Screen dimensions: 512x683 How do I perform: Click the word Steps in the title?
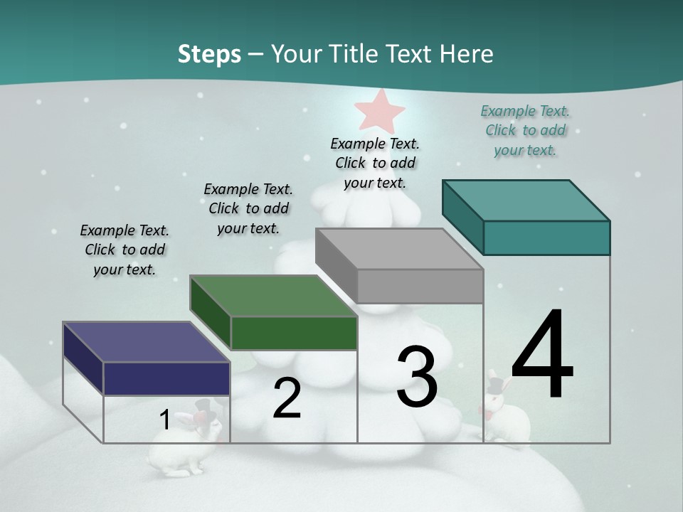(209, 54)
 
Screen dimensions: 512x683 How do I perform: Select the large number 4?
(542, 356)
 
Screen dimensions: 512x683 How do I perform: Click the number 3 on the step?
(417, 377)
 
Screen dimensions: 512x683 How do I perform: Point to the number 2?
(287, 398)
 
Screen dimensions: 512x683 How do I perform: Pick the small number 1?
(164, 420)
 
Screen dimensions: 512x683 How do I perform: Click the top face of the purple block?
(147, 342)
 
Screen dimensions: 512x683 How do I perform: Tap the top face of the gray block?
(399, 249)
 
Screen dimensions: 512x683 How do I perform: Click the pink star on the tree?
(380, 110)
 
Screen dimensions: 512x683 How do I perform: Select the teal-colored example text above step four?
(525, 131)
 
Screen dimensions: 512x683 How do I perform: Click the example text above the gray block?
(375, 163)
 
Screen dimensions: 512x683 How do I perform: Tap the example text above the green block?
(248, 208)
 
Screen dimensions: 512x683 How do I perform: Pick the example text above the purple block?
(125, 250)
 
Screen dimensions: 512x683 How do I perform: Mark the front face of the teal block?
(546, 238)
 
